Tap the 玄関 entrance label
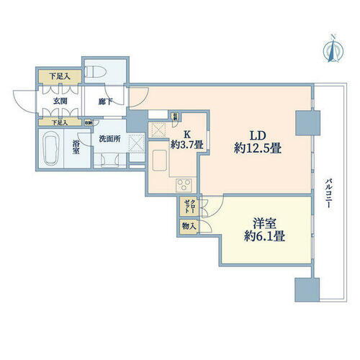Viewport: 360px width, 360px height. coord(60,102)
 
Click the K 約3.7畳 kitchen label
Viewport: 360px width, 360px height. coord(184,138)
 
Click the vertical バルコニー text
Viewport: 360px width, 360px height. coord(328,192)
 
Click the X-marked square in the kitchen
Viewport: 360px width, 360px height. coord(158,130)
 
